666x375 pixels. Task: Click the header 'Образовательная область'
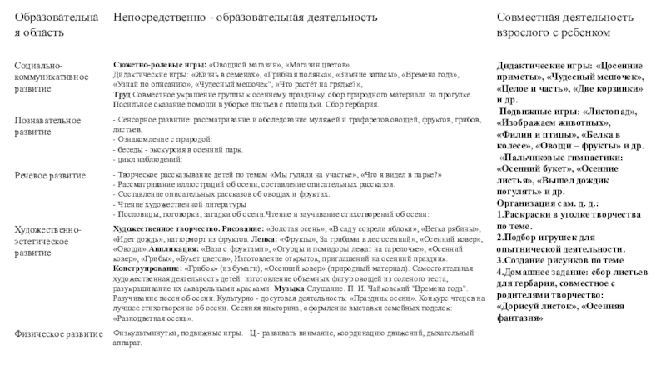[57, 23]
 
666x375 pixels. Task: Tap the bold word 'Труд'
[120, 93]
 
